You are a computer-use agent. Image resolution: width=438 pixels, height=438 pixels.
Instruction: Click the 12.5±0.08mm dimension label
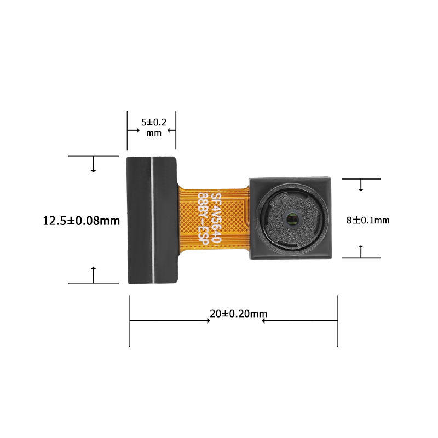click(x=81, y=221)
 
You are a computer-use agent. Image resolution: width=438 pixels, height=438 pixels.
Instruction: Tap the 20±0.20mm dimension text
click(x=238, y=314)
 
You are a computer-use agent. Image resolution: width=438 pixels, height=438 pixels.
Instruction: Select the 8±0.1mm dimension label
click(x=368, y=221)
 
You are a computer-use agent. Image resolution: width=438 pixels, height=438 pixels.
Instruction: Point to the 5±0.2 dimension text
click(x=154, y=122)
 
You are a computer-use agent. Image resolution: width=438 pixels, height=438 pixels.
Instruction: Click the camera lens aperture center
click(x=292, y=218)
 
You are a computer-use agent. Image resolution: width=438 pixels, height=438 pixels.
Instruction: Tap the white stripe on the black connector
click(x=152, y=220)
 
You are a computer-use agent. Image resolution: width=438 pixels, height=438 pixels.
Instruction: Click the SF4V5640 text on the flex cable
click(x=216, y=217)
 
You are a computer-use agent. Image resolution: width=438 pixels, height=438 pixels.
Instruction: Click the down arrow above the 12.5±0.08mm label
click(x=93, y=164)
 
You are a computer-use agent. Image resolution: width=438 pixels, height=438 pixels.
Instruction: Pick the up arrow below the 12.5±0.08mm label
click(x=93, y=275)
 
